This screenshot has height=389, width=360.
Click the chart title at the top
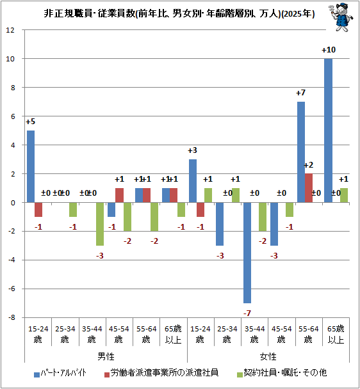179,13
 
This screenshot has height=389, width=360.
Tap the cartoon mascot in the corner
341,17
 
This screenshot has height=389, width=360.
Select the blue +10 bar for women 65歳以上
328,131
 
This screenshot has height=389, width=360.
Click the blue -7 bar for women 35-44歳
247,253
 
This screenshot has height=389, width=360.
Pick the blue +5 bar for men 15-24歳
31,166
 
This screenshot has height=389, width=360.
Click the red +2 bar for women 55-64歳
309,188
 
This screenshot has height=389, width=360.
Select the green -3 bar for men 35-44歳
100,224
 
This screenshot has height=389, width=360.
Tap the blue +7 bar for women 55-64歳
301,152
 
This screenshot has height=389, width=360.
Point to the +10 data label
329,50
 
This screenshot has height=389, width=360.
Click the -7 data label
247,313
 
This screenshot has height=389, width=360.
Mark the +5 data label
31,122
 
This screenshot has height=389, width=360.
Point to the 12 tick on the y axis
10,30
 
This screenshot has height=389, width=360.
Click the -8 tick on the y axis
12,317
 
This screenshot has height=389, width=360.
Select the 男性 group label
106,356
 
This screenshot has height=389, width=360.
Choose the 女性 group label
268,356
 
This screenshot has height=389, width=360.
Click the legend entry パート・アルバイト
61,373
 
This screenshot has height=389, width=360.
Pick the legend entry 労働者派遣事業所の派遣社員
161,373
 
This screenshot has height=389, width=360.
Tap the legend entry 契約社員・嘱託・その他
282,373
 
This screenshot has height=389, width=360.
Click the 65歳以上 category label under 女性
336,334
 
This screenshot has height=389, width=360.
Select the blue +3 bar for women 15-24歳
193,181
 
